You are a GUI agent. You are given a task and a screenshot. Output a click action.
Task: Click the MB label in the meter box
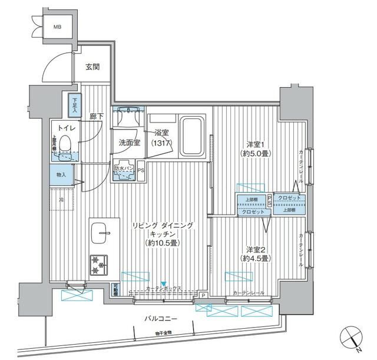coord(57,27)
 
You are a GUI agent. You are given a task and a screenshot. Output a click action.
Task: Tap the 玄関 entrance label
coord(92,67)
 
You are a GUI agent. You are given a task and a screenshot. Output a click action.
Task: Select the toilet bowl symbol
coord(65,143)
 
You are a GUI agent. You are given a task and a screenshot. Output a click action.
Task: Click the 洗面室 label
coord(128,143)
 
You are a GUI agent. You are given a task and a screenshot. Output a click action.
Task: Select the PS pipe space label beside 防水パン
coord(140,171)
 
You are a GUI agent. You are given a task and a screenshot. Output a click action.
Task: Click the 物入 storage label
coord(61,175)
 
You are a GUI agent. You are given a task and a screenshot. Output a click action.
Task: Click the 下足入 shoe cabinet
coord(74,105)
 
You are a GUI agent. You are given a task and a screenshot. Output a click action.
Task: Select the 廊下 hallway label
coord(96,117)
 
